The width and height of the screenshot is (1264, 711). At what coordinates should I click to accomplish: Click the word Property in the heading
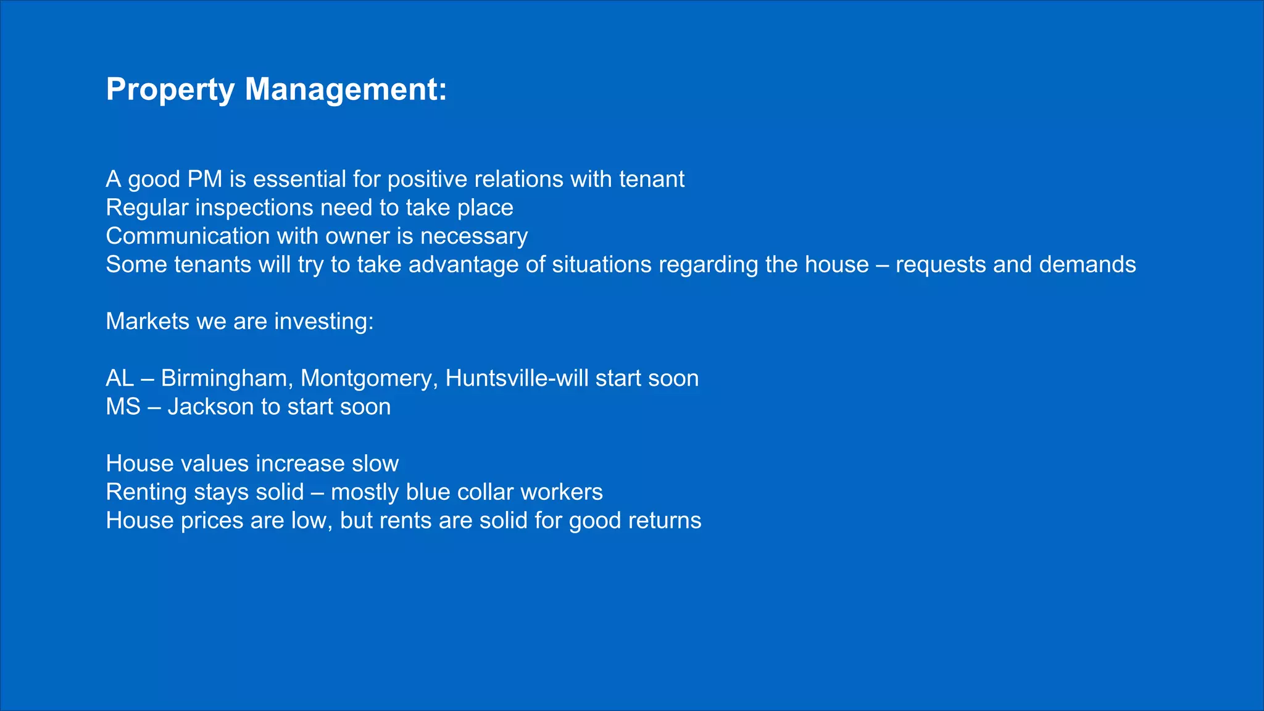[x=170, y=90]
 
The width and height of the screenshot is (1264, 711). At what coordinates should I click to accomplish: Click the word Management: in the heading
[x=346, y=90]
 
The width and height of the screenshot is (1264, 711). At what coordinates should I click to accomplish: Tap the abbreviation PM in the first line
[x=204, y=180]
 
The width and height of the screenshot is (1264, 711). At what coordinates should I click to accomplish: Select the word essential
[x=299, y=180]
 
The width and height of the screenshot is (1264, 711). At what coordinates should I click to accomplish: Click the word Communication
[x=188, y=236]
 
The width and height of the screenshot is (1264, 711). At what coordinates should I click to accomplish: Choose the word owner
[x=358, y=236]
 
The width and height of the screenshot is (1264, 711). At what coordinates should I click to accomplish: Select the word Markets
[x=147, y=322]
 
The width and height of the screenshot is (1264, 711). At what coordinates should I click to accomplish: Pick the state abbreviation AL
[x=120, y=378]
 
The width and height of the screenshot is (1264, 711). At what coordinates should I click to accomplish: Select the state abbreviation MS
[x=123, y=407]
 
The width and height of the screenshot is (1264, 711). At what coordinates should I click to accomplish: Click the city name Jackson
[x=210, y=407]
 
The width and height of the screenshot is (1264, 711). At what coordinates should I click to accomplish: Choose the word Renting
[x=146, y=492]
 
